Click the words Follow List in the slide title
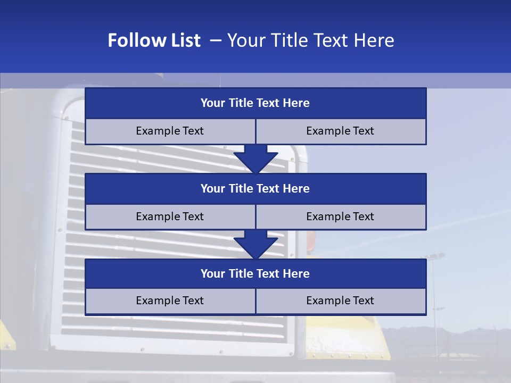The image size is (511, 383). [154, 40]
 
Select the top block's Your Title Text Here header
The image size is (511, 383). [255, 103]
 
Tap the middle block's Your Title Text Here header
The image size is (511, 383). [255, 188]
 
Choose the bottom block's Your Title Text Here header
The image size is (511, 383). [255, 273]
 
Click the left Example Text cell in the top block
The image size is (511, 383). [170, 131]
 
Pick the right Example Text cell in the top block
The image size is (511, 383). [340, 131]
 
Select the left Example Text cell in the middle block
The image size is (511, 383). [170, 217]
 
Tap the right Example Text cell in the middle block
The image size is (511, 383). [340, 217]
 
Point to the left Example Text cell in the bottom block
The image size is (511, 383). [170, 301]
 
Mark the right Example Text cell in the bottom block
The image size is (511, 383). [340, 301]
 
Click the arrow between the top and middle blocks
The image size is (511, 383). [256, 159]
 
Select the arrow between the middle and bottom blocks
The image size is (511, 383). [256, 244]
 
